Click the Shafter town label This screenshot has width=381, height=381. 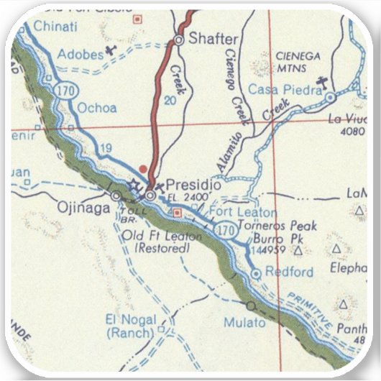tap(211, 40)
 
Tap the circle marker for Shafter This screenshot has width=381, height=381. tap(179, 40)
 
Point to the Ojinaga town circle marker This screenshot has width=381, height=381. tap(116, 195)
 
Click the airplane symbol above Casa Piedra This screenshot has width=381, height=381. tap(323, 78)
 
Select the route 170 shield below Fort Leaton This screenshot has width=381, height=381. tap(226, 230)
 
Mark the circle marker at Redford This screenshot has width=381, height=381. tap(256, 274)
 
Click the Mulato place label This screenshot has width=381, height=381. tap(244, 323)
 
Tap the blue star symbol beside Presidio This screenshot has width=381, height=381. tap(134, 185)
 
